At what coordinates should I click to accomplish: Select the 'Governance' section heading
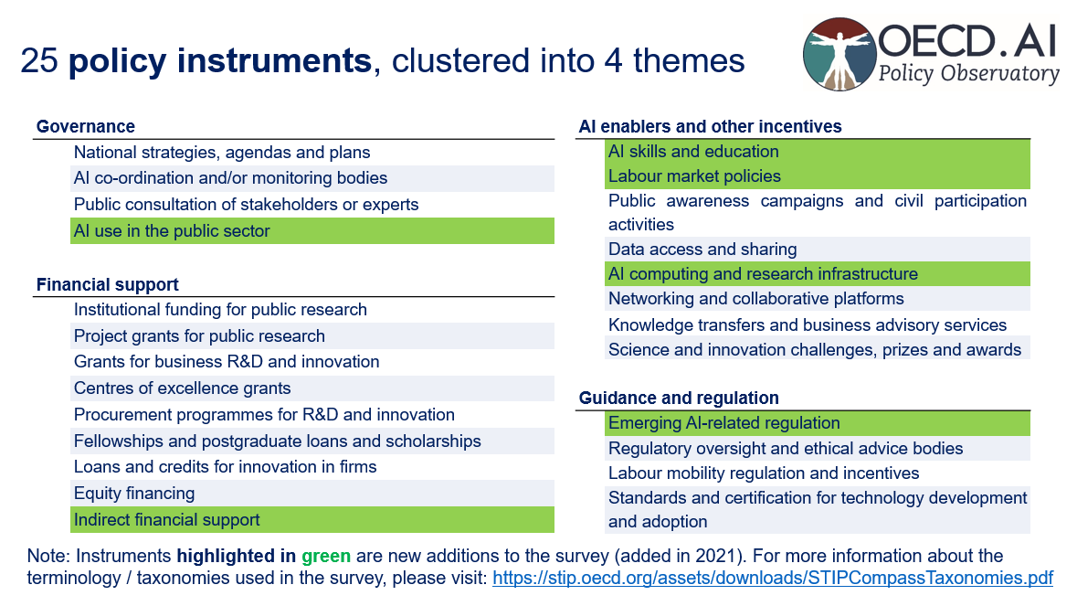(x=86, y=127)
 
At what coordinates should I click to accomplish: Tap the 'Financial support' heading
(x=108, y=285)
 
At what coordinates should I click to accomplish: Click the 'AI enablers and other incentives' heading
(x=711, y=126)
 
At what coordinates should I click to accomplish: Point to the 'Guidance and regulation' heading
(x=679, y=398)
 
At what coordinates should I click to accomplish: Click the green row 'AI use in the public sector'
(x=172, y=231)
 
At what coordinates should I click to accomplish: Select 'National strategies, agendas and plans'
(x=222, y=153)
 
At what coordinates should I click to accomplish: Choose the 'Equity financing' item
(x=134, y=494)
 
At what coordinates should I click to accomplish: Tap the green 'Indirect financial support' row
(x=167, y=520)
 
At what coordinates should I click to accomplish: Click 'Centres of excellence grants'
(x=183, y=388)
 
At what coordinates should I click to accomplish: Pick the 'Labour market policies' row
(x=694, y=176)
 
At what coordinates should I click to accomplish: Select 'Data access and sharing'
(x=702, y=249)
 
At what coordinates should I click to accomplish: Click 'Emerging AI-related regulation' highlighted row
(x=724, y=423)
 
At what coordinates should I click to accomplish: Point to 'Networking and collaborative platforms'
(x=756, y=299)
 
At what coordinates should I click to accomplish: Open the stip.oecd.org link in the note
(x=773, y=579)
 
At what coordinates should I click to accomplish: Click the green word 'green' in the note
(x=326, y=556)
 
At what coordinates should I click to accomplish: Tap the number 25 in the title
(x=39, y=61)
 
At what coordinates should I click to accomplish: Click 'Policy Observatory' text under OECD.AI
(x=968, y=74)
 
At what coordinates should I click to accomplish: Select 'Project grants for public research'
(x=199, y=335)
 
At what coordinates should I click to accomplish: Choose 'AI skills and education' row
(x=693, y=152)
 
